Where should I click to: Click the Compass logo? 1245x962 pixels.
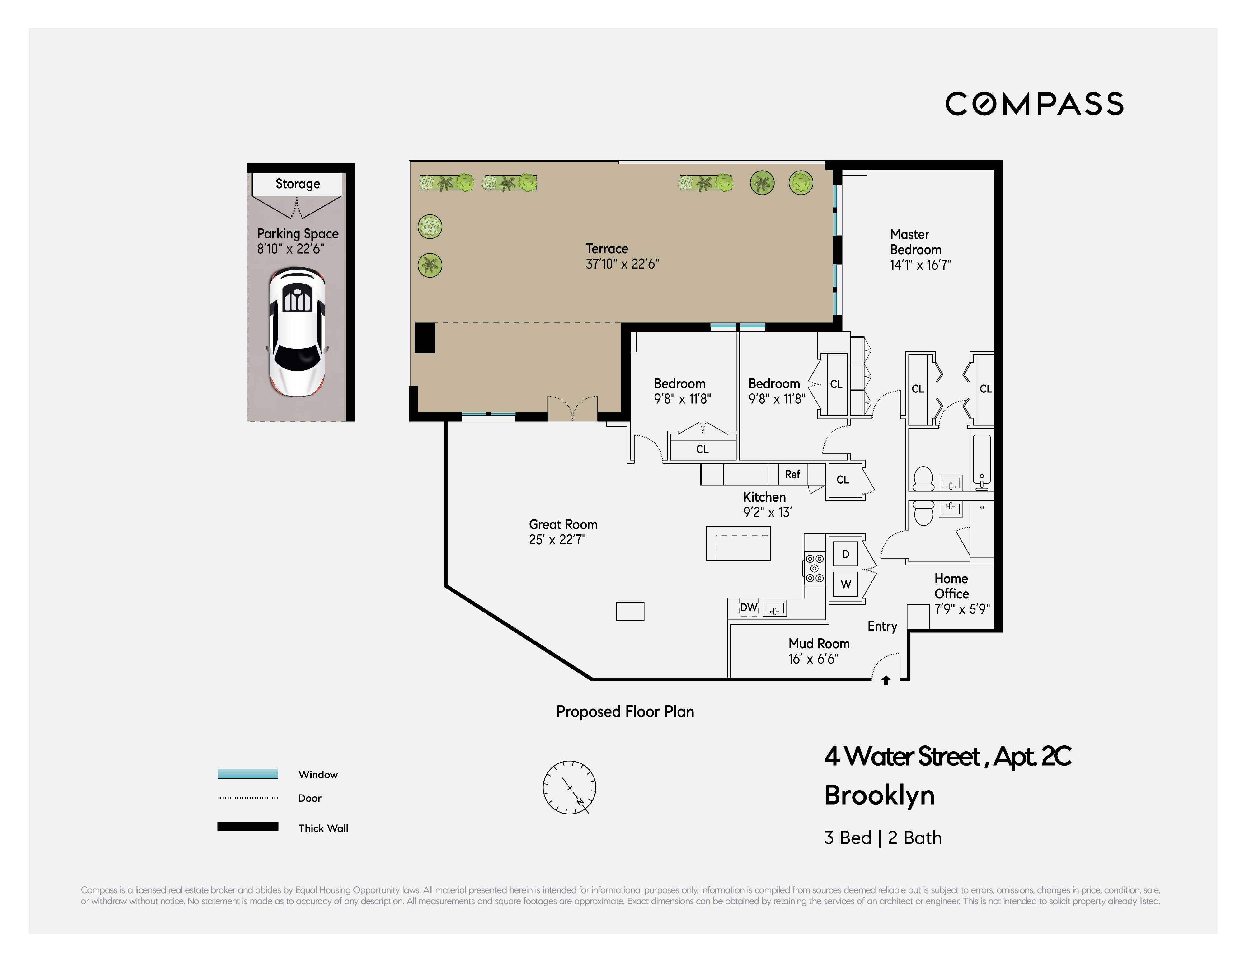coord(1034,104)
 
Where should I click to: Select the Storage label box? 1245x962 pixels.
coord(297,184)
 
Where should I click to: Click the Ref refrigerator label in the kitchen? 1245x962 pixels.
coord(792,474)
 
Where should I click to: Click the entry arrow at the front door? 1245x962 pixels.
coord(886,680)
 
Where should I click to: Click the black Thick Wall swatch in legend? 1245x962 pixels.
coord(247,826)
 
